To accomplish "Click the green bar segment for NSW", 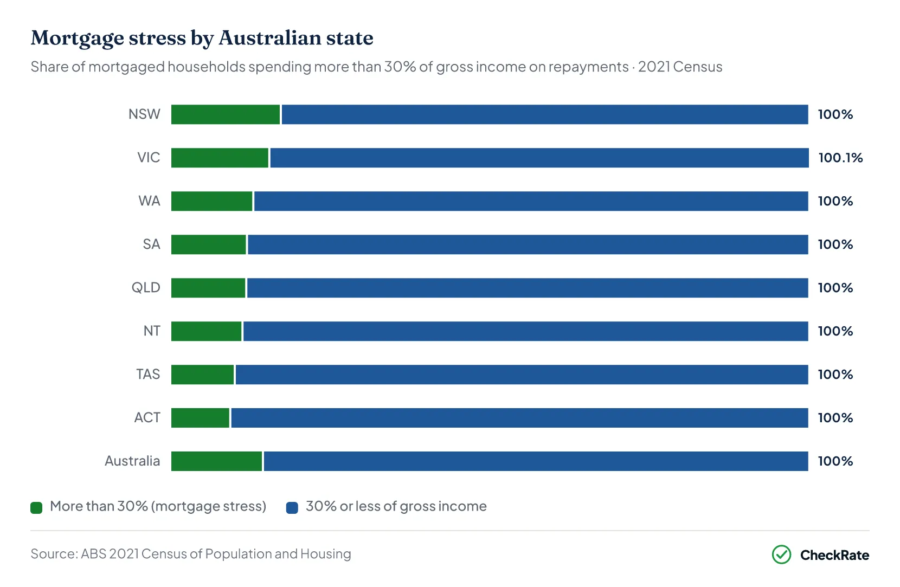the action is pos(226,114).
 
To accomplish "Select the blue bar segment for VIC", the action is pos(539,158).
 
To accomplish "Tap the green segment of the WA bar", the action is pos(212,201).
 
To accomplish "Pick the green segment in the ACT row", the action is pos(200,418).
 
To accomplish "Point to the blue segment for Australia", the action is pos(536,461).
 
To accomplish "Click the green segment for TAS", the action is pos(203,375).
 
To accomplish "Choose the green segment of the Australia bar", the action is pos(216,461).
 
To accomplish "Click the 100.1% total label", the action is pos(840,158).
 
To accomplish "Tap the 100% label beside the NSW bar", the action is pos(835,114).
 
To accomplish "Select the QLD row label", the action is pos(146,288).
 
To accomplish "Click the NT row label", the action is pos(152,331).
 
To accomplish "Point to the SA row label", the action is pos(151,244).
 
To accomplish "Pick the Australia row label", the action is pos(132,461).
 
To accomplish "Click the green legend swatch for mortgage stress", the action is pos(36,508).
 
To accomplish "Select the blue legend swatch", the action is pos(292,508).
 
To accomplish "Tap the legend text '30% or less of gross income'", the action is pos(396,506).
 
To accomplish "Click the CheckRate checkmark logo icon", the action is pos(781,555).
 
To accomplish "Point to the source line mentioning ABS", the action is pos(191,554).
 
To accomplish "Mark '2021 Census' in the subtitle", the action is pos(680,67).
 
